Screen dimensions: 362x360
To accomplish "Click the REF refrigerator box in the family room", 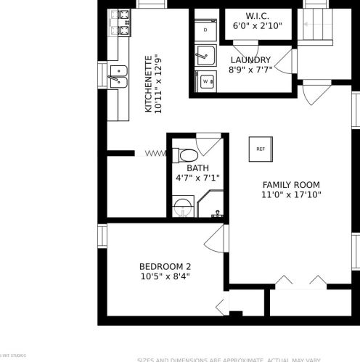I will [261, 148].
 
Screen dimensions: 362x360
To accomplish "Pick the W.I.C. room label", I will [258, 16].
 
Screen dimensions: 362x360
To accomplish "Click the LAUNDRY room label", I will [250, 60].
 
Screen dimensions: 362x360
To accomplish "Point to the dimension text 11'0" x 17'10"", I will [291, 194].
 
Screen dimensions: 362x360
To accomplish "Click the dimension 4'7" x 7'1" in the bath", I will [197, 177].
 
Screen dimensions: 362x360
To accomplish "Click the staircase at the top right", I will [316, 26].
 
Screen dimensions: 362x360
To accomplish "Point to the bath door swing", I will [210, 143].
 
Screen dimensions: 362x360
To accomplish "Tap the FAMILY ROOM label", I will [291, 185].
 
